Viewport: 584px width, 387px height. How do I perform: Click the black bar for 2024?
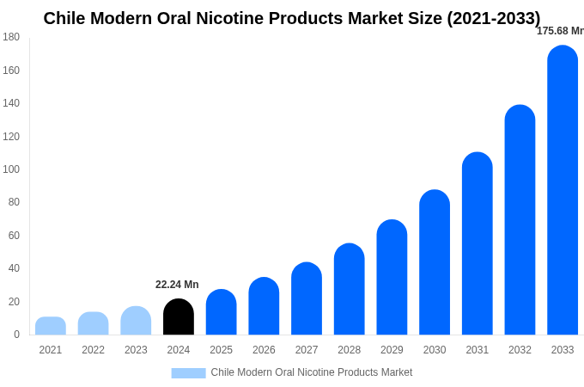click(x=179, y=317)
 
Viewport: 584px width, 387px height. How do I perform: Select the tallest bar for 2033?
click(x=563, y=190)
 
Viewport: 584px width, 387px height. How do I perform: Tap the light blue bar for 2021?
click(x=51, y=326)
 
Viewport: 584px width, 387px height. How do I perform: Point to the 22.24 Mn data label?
click(x=177, y=285)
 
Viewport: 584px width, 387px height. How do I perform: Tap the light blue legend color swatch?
click(x=188, y=373)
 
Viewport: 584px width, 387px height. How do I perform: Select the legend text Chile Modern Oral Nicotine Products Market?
click(x=312, y=372)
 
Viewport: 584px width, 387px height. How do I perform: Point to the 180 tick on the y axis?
click(x=11, y=37)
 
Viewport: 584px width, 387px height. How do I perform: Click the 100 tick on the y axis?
click(x=11, y=169)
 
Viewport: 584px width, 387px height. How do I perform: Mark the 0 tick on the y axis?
click(x=16, y=335)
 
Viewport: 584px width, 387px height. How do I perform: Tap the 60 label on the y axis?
click(x=14, y=236)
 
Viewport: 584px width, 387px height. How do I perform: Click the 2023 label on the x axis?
click(x=136, y=350)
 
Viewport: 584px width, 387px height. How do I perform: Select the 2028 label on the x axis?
click(x=349, y=350)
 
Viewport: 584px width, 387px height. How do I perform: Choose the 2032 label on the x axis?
click(x=520, y=350)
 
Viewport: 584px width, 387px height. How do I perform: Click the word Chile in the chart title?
click(x=67, y=18)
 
